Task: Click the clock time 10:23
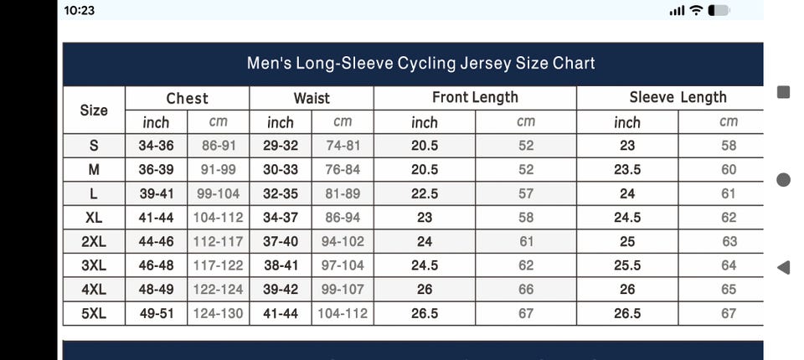pyautogui.click(x=79, y=10)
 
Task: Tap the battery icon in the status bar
pyautogui.click(x=719, y=10)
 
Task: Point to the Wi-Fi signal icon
pyautogui.click(x=695, y=10)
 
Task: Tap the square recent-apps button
pyautogui.click(x=784, y=92)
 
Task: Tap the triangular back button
pyautogui.click(x=784, y=267)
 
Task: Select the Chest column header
pyautogui.click(x=187, y=98)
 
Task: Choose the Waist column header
pyautogui.click(x=312, y=98)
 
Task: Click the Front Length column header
pyautogui.click(x=475, y=97)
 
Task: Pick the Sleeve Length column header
pyautogui.click(x=678, y=97)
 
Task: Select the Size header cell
pyautogui.click(x=94, y=110)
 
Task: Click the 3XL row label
pyautogui.click(x=94, y=265)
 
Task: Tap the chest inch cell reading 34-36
pyautogui.click(x=156, y=146)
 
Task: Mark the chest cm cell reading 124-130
pyautogui.click(x=218, y=314)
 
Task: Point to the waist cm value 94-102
pyautogui.click(x=343, y=242)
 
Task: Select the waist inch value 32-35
pyautogui.click(x=280, y=193)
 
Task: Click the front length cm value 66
pyautogui.click(x=525, y=290)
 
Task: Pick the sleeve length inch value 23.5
pyautogui.click(x=627, y=170)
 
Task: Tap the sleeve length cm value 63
pyautogui.click(x=729, y=242)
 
